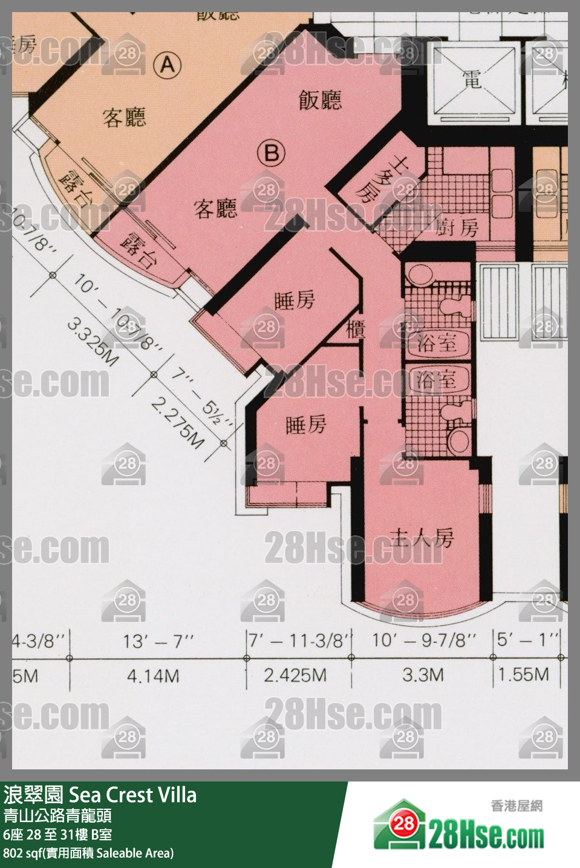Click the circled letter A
[168, 64]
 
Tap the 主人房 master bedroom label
[422, 537]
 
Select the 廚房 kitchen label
[458, 227]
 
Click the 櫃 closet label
[355, 330]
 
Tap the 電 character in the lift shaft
[472, 79]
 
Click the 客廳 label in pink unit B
[215, 209]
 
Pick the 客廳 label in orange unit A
[124, 117]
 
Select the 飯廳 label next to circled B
[320, 100]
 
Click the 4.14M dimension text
[153, 676]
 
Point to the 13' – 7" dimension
[158, 641]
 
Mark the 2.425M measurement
[295, 675]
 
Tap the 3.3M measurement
[423, 674]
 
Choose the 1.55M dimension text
[524, 674]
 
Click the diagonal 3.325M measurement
[93, 342]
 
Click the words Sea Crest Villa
[133, 795]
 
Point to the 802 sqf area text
[88, 853]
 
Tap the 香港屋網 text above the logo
[516, 806]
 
